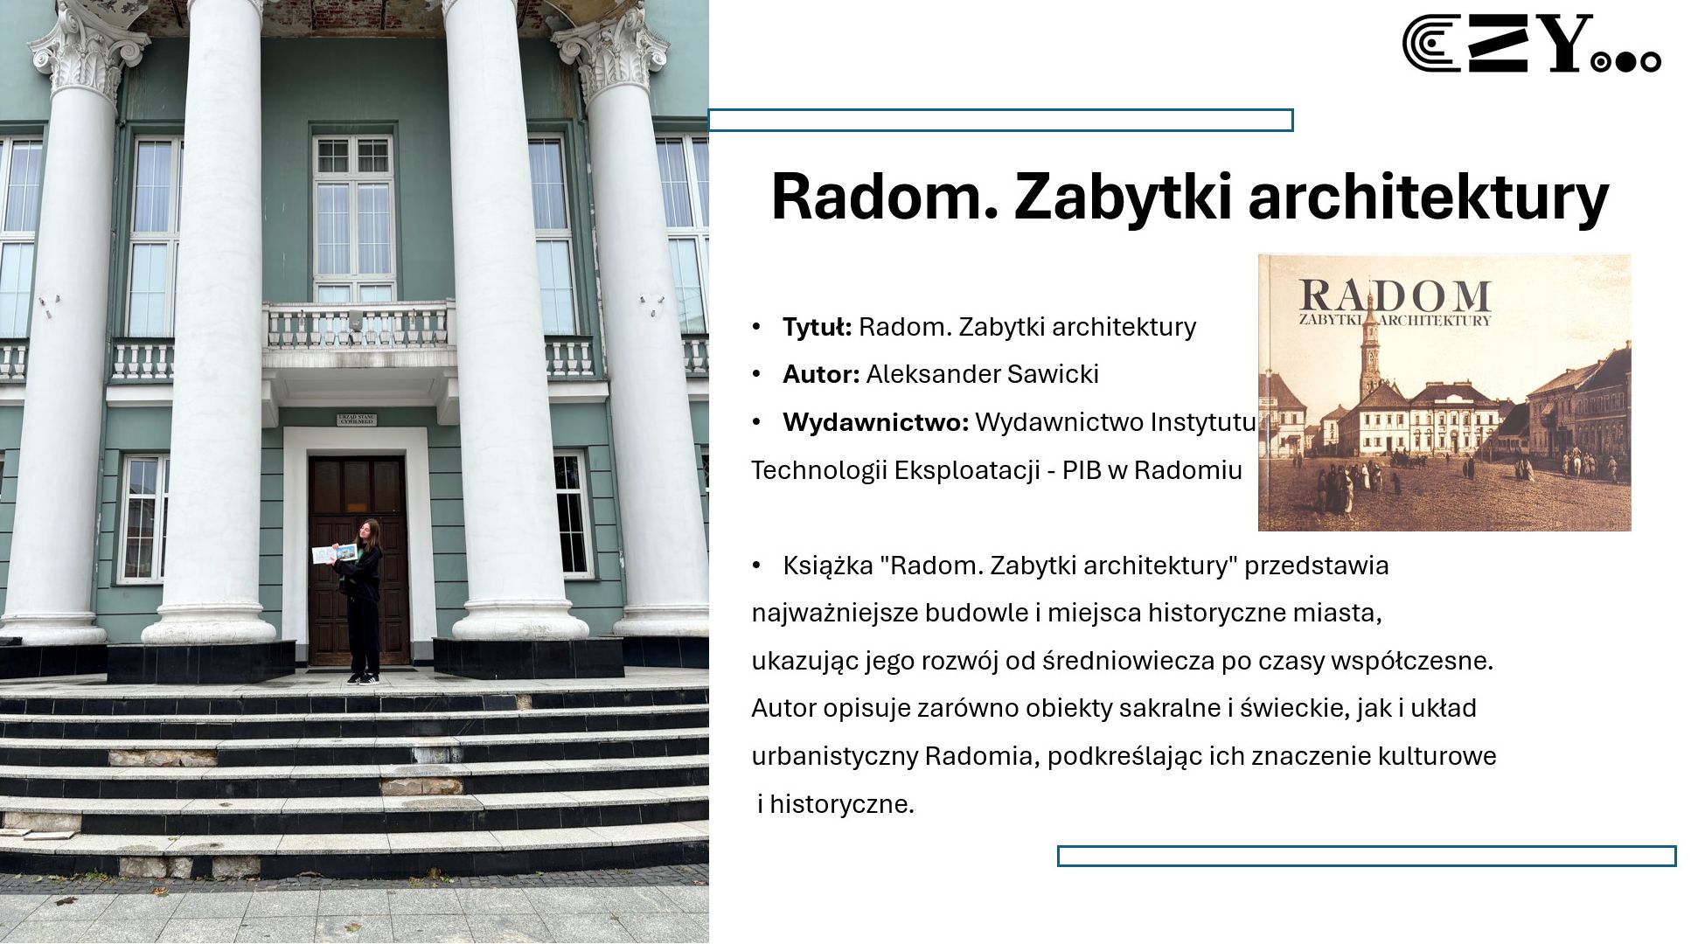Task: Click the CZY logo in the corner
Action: click(1531, 43)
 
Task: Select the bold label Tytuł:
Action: click(817, 327)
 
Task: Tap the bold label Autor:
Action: click(821, 374)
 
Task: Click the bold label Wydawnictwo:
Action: click(875, 422)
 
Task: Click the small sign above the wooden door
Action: click(357, 420)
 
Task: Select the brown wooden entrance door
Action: click(358, 559)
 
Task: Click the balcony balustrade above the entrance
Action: click(358, 326)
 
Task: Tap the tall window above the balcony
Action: click(353, 219)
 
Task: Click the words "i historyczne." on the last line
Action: click(836, 804)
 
